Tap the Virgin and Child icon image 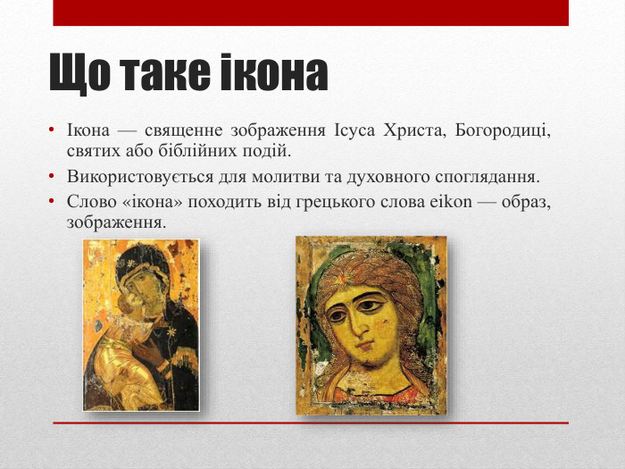[141, 325]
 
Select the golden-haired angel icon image [371, 325]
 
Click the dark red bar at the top [311, 13]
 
